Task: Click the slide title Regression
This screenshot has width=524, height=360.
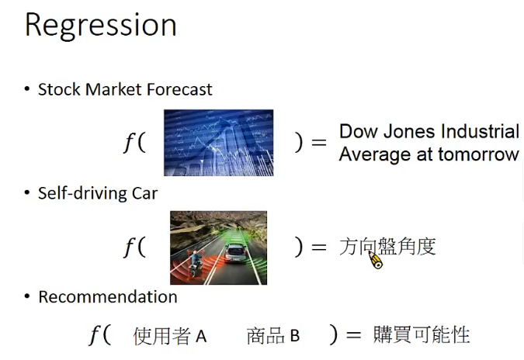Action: pos(100,26)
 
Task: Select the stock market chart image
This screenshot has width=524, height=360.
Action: pos(218,143)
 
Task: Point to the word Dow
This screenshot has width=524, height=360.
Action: pos(357,131)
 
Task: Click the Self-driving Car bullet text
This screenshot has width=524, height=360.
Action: pos(97,193)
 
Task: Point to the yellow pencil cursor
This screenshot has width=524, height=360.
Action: pos(375,259)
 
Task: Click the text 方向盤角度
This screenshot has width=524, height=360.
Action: pos(387,247)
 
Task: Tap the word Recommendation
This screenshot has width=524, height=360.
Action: pos(107,296)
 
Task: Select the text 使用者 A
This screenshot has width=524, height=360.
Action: pos(170,336)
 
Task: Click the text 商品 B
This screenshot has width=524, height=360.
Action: pos(273,336)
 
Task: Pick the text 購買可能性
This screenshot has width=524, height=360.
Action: pos(421,335)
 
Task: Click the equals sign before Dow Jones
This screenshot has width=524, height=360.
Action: pos(318,144)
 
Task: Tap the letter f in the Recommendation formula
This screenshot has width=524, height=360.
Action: pos(95,335)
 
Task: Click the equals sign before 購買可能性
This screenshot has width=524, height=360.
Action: pos(353,336)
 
